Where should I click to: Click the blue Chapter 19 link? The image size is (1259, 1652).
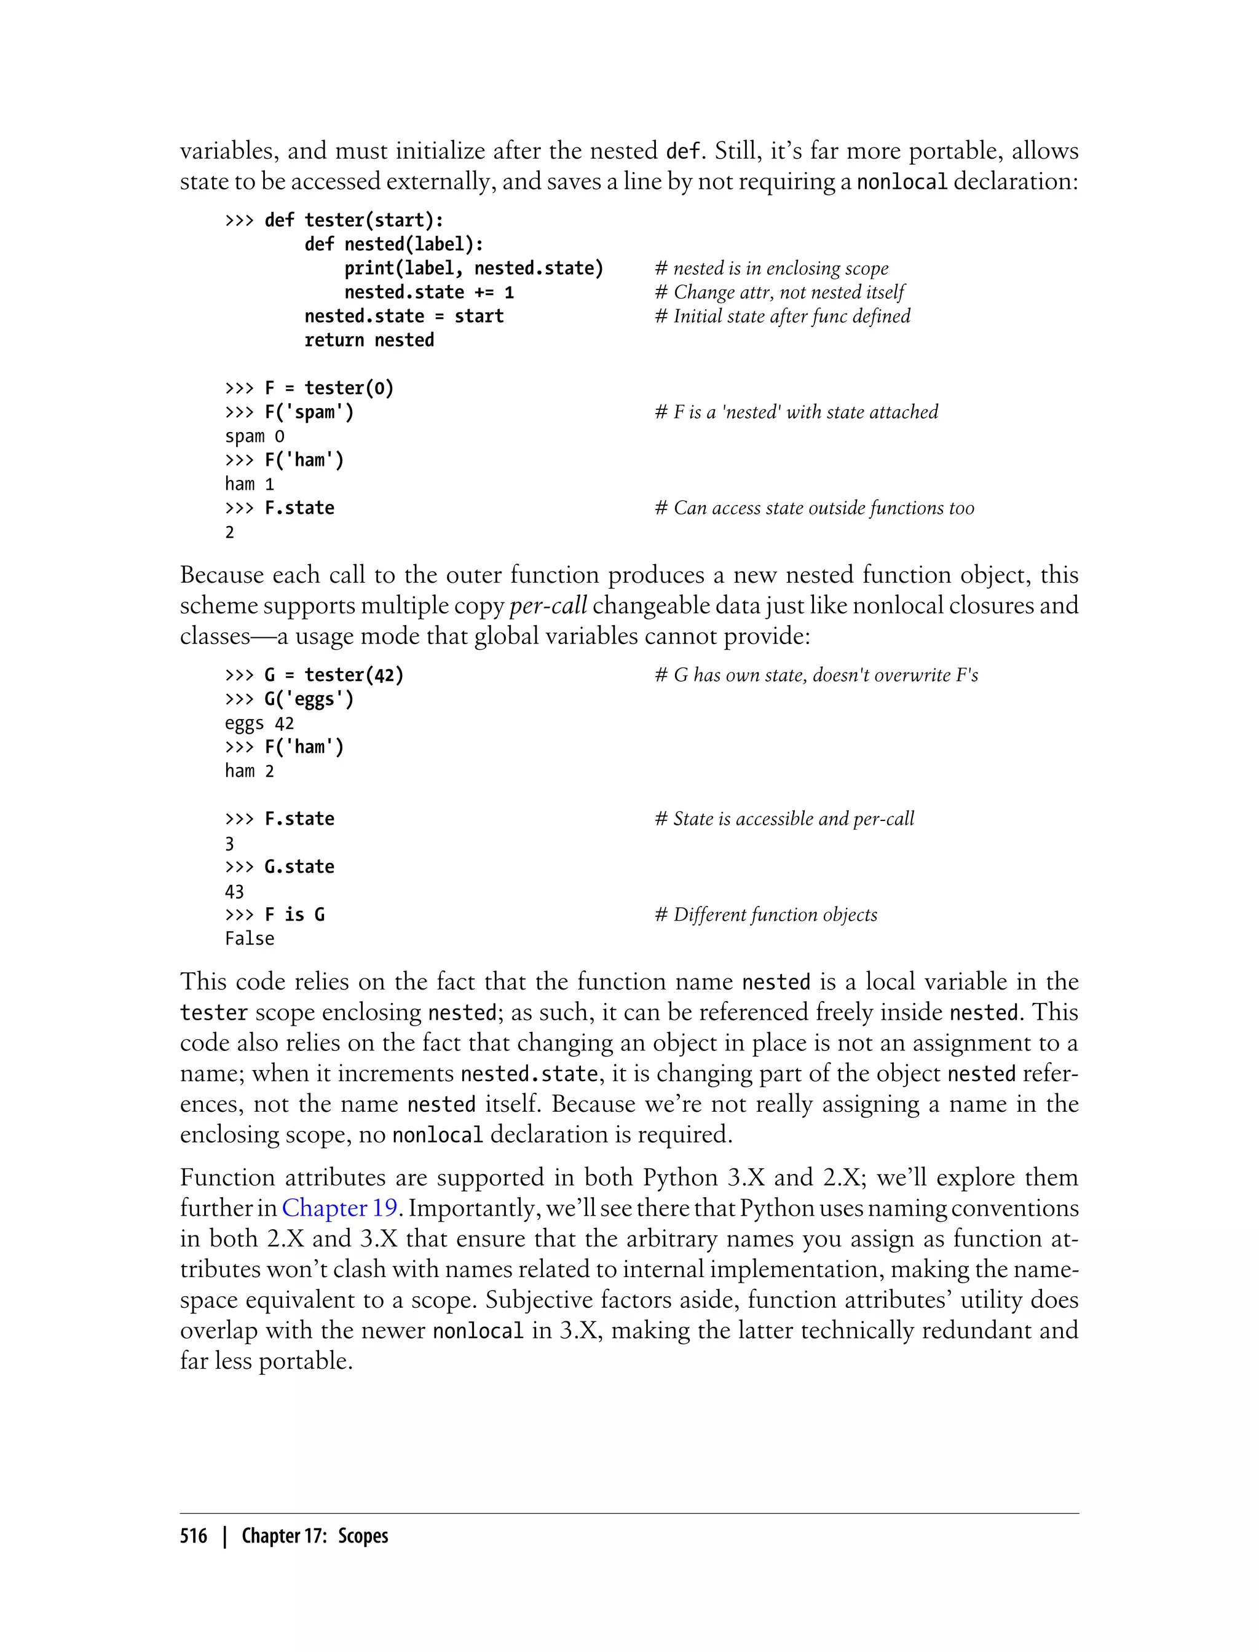[339, 1208]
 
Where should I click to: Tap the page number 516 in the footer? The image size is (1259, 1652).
[194, 1536]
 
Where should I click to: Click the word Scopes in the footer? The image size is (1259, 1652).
[363, 1536]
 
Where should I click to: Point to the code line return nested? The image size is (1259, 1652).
[369, 340]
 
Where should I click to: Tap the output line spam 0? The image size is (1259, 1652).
[255, 436]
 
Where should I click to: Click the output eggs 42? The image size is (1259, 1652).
[259, 723]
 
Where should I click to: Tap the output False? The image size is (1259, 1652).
[250, 938]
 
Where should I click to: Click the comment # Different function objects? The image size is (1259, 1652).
[766, 914]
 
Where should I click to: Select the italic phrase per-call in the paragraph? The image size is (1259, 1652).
[548, 605]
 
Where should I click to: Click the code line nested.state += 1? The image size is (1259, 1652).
[428, 292]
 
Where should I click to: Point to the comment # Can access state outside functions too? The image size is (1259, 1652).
[815, 508]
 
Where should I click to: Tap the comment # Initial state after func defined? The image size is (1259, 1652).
[783, 316]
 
